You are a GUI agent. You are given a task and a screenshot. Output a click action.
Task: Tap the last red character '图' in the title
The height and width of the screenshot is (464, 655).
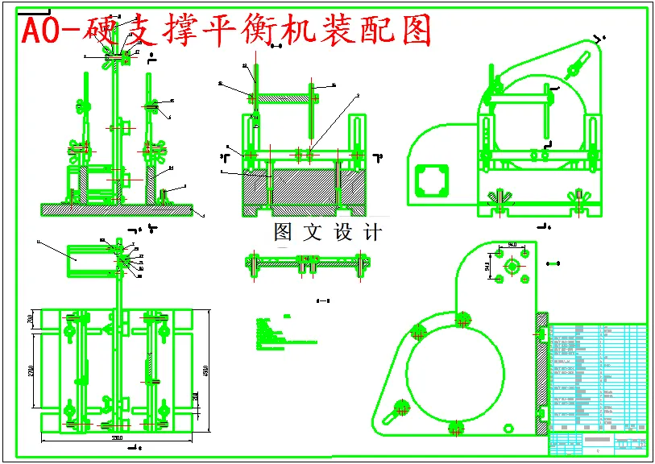point(413,30)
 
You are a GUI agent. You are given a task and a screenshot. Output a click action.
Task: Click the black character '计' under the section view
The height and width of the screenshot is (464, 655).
point(372,233)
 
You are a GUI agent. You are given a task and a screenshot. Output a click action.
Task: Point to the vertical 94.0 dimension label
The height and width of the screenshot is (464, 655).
point(487,265)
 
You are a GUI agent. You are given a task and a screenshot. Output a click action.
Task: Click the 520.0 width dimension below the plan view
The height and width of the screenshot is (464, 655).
point(117,438)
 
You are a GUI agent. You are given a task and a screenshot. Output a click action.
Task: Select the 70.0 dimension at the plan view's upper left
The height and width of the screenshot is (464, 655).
point(31,320)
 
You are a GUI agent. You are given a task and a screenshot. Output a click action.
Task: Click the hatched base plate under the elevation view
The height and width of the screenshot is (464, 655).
point(117,209)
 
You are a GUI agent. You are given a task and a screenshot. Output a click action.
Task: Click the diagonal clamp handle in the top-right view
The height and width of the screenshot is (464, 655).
point(583,58)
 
